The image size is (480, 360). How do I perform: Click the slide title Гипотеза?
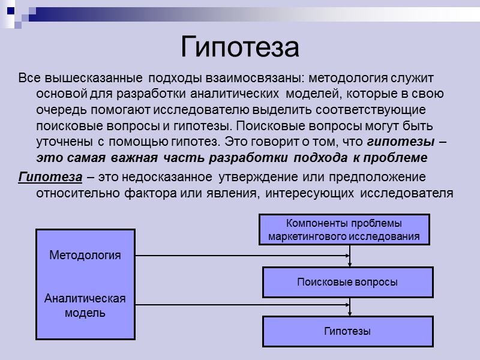[x=239, y=46]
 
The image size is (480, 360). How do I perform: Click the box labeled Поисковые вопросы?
[x=347, y=282]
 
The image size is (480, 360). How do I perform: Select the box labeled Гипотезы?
[x=347, y=331]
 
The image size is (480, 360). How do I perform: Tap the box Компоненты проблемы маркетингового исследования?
[x=344, y=229]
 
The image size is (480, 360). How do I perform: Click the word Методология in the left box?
[x=85, y=255]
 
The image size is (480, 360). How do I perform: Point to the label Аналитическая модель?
[x=85, y=305]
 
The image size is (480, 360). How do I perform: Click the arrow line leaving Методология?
[x=240, y=255]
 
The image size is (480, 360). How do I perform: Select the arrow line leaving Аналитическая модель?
[x=240, y=305]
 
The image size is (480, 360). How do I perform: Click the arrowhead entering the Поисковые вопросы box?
[x=350, y=263]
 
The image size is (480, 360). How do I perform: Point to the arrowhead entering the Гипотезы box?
[x=350, y=313]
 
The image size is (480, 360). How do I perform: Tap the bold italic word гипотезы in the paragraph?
[x=401, y=143]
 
